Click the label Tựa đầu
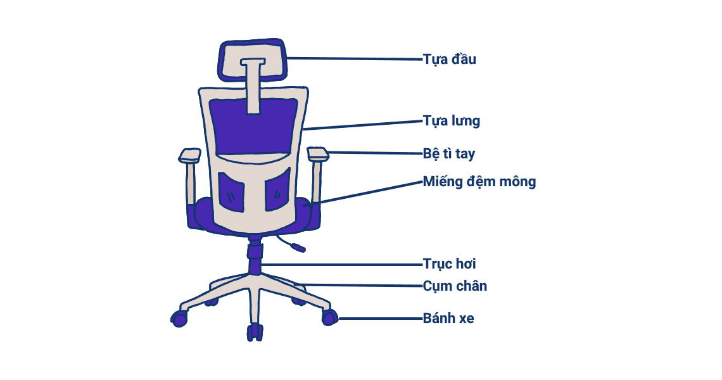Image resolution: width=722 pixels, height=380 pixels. [x=450, y=60]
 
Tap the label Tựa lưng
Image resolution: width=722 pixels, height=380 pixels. [x=451, y=121]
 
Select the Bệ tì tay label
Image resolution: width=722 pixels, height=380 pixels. [x=449, y=153]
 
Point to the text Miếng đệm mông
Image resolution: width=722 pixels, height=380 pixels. [x=479, y=182]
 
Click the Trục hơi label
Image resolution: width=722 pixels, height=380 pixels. [x=450, y=264]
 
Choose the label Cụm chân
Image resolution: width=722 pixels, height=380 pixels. [x=455, y=286]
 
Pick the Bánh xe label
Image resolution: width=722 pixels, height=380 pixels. [x=448, y=319]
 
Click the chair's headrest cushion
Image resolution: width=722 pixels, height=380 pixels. [x=252, y=60]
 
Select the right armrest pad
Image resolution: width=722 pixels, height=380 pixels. [x=318, y=154]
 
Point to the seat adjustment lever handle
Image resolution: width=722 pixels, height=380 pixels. [x=298, y=248]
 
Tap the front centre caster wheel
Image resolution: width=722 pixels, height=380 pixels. [x=255, y=332]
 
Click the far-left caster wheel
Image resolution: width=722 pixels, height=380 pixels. [x=179, y=319]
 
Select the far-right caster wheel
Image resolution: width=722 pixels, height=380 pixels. [x=330, y=317]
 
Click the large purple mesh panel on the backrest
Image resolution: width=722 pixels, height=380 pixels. [x=253, y=127]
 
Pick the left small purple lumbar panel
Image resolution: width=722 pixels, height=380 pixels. [x=231, y=192]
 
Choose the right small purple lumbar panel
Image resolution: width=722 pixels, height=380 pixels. [x=277, y=189]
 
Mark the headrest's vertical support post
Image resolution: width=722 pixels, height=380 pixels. [x=253, y=86]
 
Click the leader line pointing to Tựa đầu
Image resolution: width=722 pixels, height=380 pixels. [x=355, y=59]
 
